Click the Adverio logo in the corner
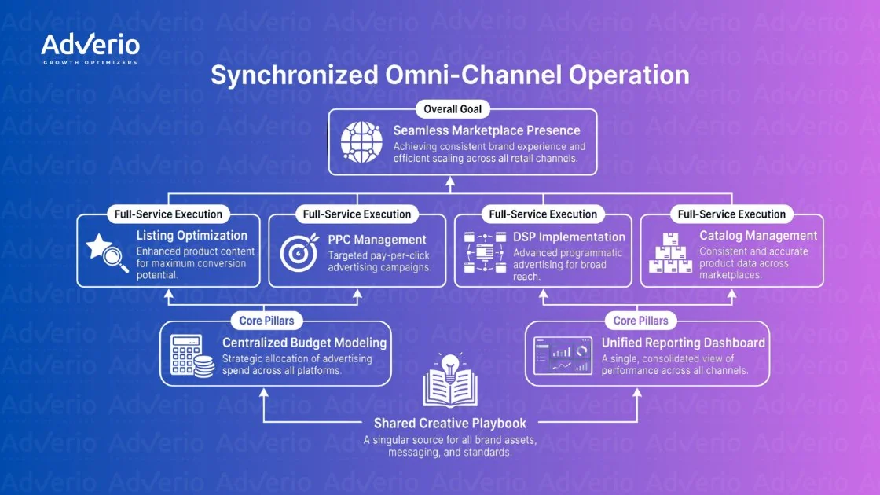tap(90, 49)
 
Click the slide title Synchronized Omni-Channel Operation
tap(449, 75)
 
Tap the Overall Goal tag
tap(452, 109)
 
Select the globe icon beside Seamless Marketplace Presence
tap(361, 141)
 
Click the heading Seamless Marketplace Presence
tap(486, 130)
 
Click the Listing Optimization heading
tap(192, 236)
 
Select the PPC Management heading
tap(376, 240)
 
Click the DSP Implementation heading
tap(569, 236)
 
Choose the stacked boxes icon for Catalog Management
tap(669, 255)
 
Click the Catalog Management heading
tap(758, 236)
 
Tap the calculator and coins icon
tap(192, 354)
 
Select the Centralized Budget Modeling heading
tap(304, 343)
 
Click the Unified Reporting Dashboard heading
tap(683, 343)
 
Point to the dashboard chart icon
tap(563, 356)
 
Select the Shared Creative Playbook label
tap(449, 423)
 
